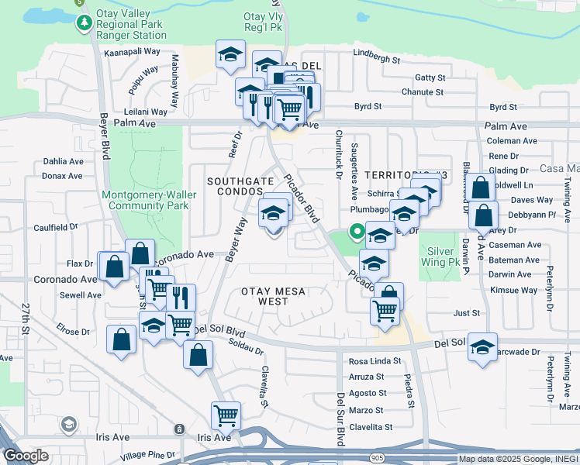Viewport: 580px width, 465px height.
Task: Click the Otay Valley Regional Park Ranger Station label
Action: click(x=130, y=24)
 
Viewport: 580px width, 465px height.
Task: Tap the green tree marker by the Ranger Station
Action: click(x=84, y=24)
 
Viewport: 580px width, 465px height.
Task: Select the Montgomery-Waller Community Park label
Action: click(x=148, y=200)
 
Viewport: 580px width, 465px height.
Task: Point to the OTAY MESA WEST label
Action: click(x=274, y=296)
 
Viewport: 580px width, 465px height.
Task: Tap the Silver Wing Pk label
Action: click(x=441, y=257)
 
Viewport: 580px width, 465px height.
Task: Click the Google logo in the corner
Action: click(x=26, y=456)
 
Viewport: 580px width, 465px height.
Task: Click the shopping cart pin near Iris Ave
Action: click(x=226, y=415)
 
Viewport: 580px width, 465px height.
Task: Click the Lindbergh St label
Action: click(x=376, y=59)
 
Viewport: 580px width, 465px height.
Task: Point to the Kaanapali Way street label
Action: click(x=134, y=51)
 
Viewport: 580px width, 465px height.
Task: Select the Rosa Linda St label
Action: click(x=375, y=361)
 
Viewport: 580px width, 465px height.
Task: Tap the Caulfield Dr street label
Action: click(x=56, y=227)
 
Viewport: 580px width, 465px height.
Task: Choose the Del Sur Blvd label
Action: click(x=340, y=419)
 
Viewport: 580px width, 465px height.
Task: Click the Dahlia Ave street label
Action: click(x=63, y=162)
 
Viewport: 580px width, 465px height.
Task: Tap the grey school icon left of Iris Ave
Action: click(x=68, y=424)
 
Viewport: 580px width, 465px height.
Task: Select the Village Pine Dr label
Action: click(x=151, y=454)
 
